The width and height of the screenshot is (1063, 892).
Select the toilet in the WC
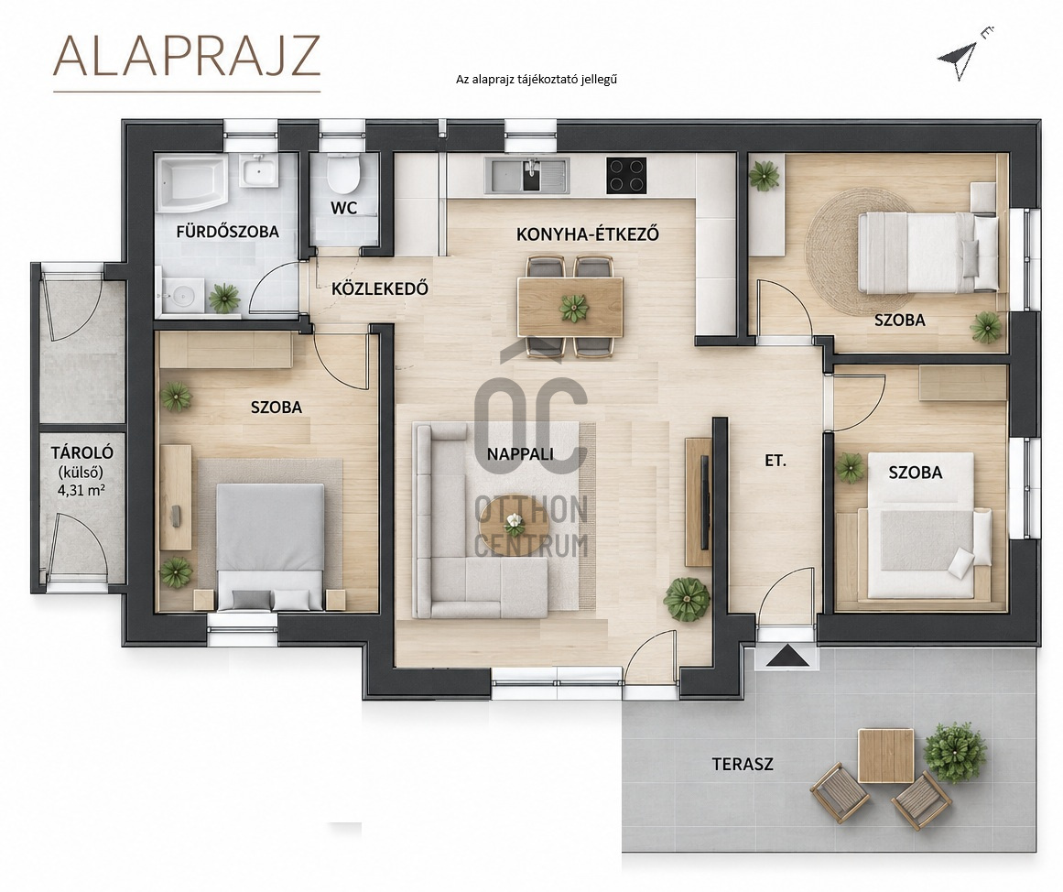(x=342, y=173)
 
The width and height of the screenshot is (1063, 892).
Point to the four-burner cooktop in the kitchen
(x=625, y=174)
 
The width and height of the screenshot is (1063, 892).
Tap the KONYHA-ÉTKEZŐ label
(x=588, y=234)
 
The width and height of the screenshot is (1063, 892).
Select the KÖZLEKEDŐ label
(x=380, y=289)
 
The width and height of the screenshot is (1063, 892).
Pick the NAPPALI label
(x=520, y=454)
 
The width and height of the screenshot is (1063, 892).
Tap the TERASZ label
(x=743, y=765)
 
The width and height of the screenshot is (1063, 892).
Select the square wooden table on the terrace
(x=885, y=756)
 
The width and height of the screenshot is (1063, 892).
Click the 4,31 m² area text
(x=81, y=491)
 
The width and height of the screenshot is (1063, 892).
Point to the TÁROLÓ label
(x=82, y=453)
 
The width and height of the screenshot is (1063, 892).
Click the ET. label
(x=776, y=462)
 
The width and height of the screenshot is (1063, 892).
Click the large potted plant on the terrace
(x=955, y=751)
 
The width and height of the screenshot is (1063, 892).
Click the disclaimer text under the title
(x=537, y=80)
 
